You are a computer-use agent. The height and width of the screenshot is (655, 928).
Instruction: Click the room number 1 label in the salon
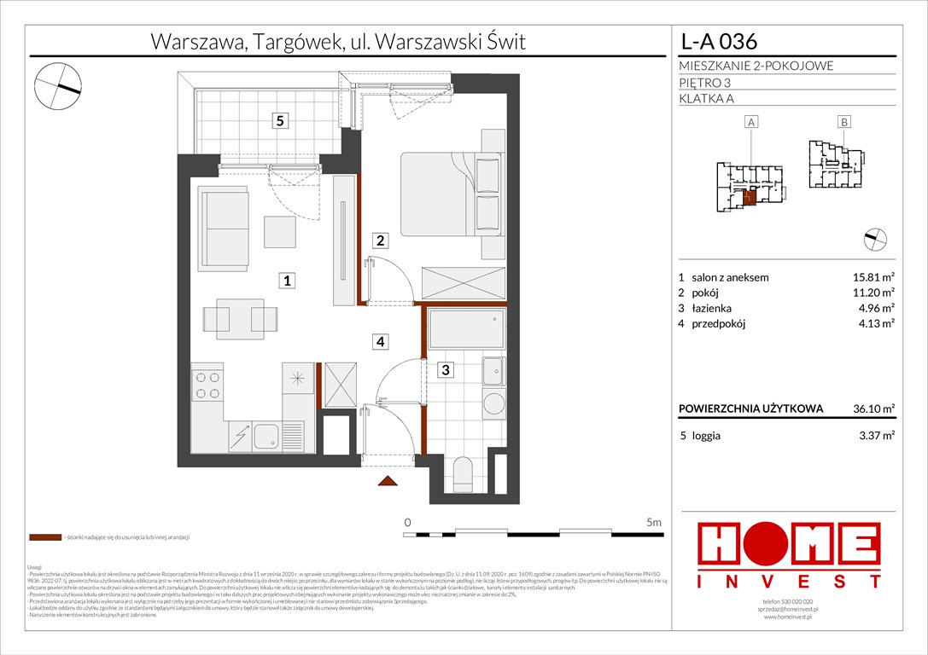[289, 280]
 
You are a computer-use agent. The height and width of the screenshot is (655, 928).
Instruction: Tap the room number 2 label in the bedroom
[382, 241]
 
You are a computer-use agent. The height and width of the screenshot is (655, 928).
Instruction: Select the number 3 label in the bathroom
[445, 370]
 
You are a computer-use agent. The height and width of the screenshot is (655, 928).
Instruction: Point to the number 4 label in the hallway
[381, 341]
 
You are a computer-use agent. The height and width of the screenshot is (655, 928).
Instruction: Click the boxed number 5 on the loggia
[279, 121]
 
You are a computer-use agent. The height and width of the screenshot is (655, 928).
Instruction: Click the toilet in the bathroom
[466, 472]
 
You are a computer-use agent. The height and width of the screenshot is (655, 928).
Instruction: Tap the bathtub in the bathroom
[465, 327]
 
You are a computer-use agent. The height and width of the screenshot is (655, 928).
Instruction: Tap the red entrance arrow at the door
[388, 483]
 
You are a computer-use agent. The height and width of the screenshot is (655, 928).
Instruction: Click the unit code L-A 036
[717, 41]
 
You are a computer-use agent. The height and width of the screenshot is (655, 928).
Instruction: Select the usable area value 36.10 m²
[873, 409]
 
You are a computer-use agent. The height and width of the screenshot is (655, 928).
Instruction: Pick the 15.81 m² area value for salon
[873, 277]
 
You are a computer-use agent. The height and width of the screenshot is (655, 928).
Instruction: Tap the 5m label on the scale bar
[655, 521]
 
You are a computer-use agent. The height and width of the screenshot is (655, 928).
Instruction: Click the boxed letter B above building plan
[843, 122]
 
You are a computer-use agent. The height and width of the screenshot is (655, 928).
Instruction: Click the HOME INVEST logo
[790, 555]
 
